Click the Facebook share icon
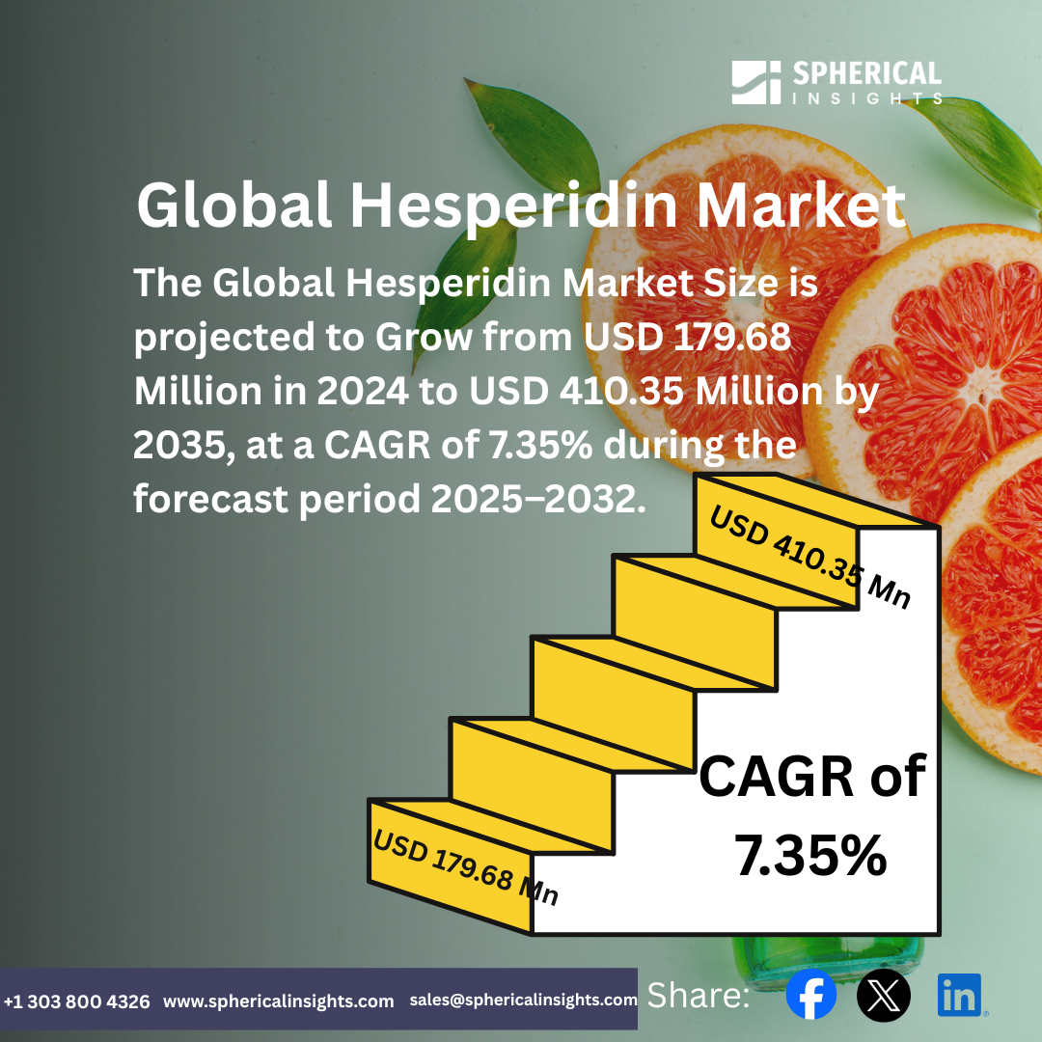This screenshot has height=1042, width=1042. click(811, 995)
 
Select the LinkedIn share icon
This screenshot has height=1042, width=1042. click(960, 995)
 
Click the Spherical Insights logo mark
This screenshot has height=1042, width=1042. click(755, 82)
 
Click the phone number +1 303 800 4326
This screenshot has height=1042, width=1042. click(77, 1001)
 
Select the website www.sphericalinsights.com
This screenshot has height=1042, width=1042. click(279, 1001)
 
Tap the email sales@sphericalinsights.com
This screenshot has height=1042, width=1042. click(523, 1001)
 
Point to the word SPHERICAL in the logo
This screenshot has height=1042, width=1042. click(865, 74)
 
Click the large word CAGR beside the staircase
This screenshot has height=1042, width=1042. click(769, 777)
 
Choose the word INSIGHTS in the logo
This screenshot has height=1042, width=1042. click(865, 98)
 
